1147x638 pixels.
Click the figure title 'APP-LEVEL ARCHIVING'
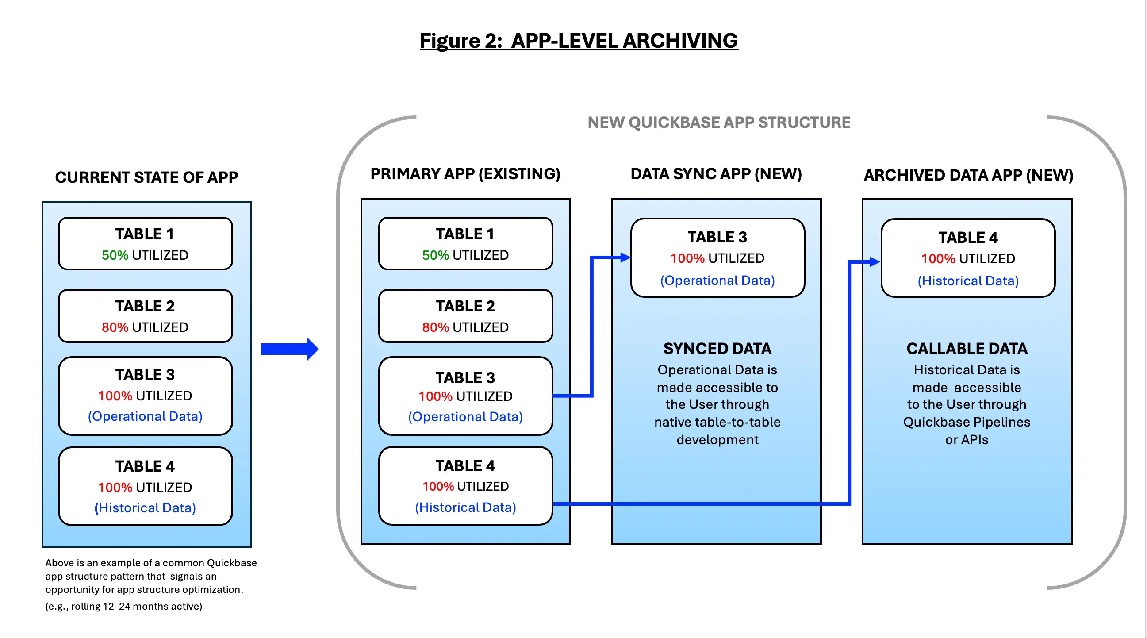[624, 41]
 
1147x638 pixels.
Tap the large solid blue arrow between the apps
[289, 349]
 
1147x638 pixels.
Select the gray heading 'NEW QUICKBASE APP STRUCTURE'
[718, 123]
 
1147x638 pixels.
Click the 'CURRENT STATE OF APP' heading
[146, 177]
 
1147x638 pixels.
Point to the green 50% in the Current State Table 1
[115, 255]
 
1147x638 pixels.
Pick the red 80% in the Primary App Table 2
[435, 327]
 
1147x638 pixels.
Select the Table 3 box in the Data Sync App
[717, 258]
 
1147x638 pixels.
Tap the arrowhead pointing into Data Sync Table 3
[625, 258]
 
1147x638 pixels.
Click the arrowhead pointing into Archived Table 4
[875, 262]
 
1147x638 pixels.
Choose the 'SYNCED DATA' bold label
[717, 349]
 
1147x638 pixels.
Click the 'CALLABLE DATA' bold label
[967, 349]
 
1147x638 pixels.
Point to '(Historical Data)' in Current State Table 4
[145, 507]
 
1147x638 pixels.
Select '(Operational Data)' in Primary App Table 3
[465, 416]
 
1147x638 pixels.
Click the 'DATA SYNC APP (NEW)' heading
[716, 173]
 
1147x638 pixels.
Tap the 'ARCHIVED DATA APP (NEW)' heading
[968, 175]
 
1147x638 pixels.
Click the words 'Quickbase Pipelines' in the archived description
[966, 422]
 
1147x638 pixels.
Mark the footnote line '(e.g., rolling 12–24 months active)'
[124, 606]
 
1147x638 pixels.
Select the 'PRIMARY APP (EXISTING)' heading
[465, 173]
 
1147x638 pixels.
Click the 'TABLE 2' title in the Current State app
[145, 306]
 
